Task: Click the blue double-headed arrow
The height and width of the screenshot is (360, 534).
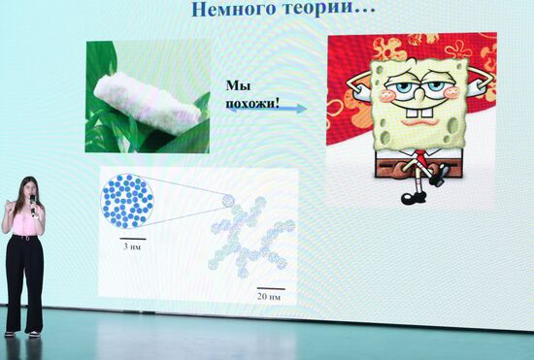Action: [254, 109]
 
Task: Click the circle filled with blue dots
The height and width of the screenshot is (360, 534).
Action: [127, 201]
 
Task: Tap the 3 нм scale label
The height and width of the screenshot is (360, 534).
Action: [133, 246]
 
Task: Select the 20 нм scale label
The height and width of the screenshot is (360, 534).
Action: [268, 294]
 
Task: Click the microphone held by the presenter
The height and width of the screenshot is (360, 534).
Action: [32, 202]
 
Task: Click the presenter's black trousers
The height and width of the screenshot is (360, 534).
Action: [24, 281]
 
